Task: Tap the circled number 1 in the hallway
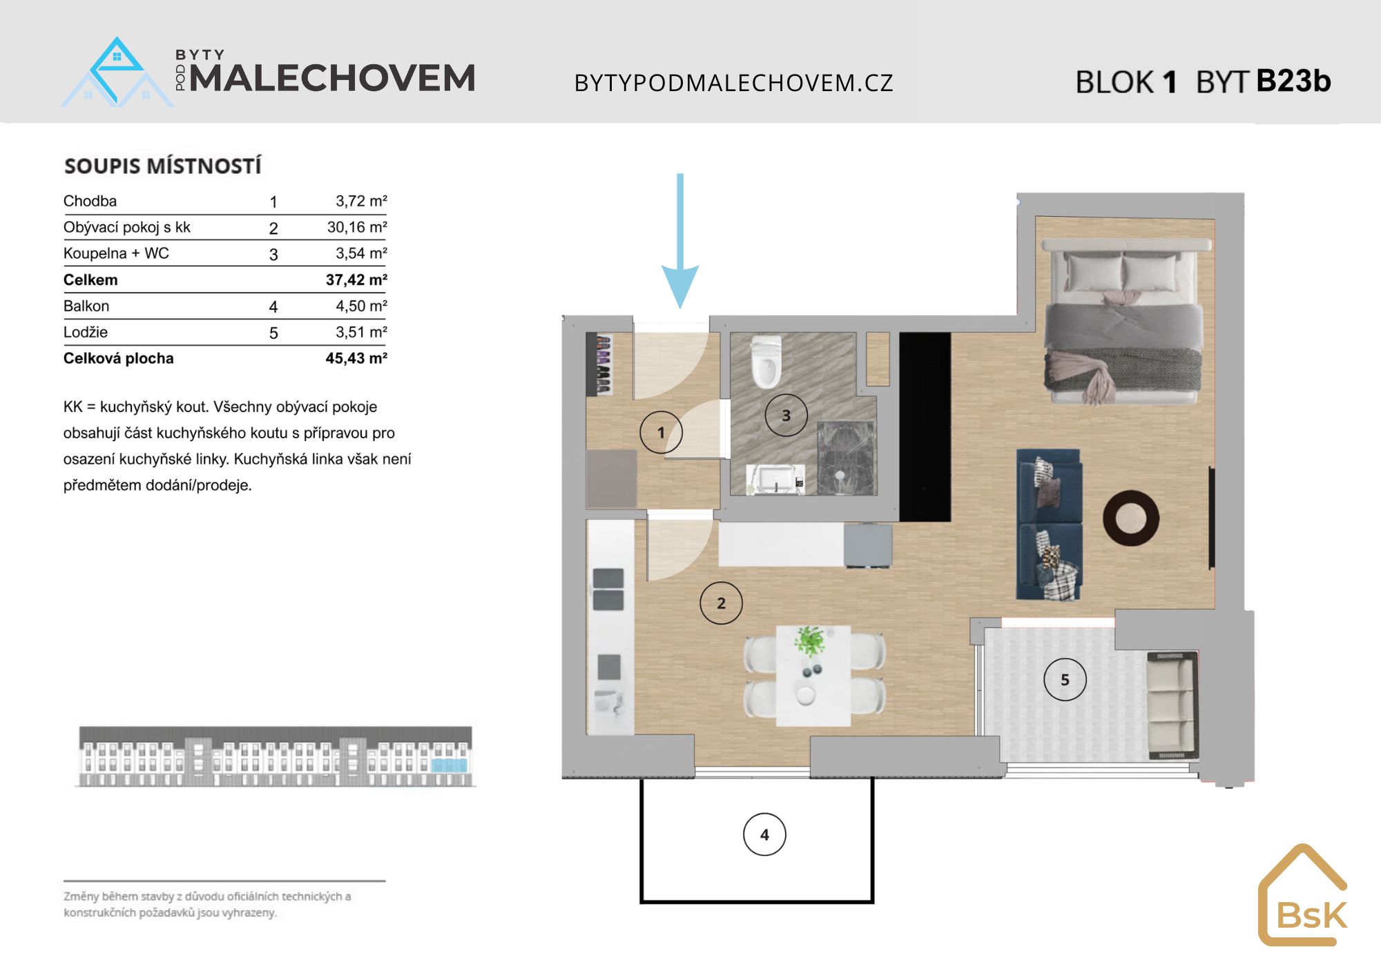pyautogui.click(x=661, y=432)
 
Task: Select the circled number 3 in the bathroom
pyautogui.click(x=786, y=416)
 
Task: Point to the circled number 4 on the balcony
pyautogui.click(x=764, y=835)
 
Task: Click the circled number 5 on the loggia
pyautogui.click(x=1065, y=680)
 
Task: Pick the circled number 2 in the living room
pyautogui.click(x=721, y=603)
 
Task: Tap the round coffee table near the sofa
pyautogui.click(x=1131, y=518)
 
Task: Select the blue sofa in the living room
pyautogui.click(x=1049, y=525)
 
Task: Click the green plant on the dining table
pyautogui.click(x=809, y=642)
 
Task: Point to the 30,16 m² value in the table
pyautogui.click(x=357, y=227)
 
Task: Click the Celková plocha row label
pyautogui.click(x=119, y=358)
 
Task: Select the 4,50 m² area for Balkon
pyautogui.click(x=361, y=306)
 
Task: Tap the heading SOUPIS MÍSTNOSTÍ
pyautogui.click(x=163, y=166)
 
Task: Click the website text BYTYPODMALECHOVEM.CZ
pyautogui.click(x=734, y=83)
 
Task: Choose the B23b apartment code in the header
pyautogui.click(x=1293, y=81)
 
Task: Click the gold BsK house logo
pyautogui.click(x=1303, y=895)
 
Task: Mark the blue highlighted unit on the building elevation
pyautogui.click(x=450, y=765)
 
